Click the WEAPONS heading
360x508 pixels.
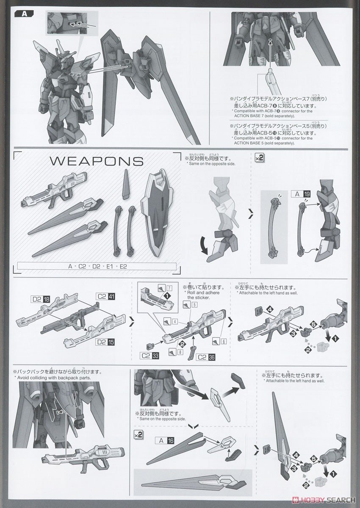tap(97, 161)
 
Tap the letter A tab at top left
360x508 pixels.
tap(25, 14)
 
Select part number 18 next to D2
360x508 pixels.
tap(47, 299)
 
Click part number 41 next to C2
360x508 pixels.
tap(111, 296)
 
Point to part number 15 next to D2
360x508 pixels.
tap(111, 341)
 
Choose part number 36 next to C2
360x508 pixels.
tap(211, 356)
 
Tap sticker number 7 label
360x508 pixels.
tap(169, 288)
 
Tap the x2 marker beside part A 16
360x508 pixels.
tap(138, 434)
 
